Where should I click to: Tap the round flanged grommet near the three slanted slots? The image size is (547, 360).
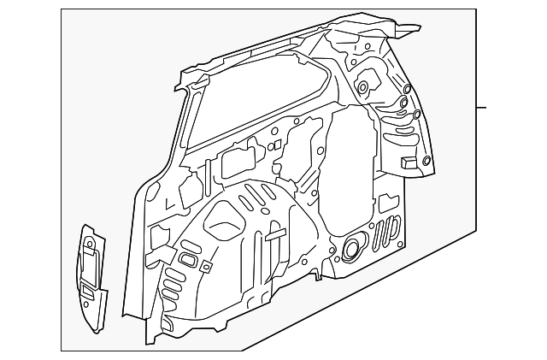350,249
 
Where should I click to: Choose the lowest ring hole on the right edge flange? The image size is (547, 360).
416,115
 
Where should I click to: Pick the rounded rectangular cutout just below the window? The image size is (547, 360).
238,162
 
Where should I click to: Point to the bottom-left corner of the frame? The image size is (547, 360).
62,350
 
